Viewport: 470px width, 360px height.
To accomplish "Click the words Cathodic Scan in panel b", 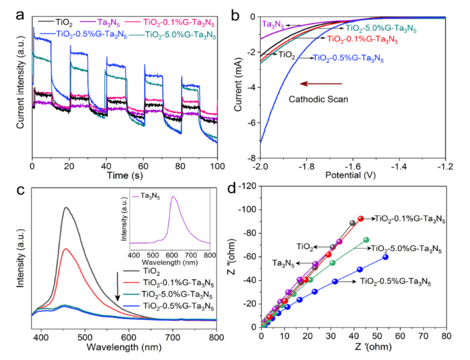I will (x=319, y=99).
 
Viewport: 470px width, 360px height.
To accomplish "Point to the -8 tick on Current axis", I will (x=251, y=158).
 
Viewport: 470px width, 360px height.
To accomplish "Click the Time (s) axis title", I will (x=125, y=175).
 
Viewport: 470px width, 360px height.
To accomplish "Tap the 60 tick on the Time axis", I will (x=144, y=165).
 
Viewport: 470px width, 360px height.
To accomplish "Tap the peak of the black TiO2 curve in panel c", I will (x=67, y=208).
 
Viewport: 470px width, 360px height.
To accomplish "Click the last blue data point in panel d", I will (x=385, y=257).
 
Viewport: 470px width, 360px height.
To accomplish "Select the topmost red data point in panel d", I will (x=360, y=219).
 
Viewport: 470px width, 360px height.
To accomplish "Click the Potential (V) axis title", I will (x=354, y=176).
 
